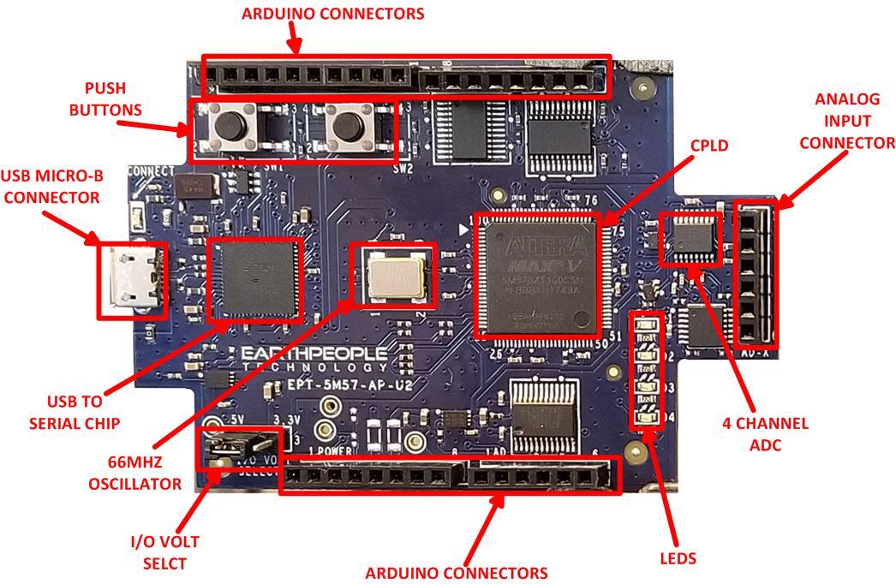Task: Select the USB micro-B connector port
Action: coord(132,280)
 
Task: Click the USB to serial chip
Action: coord(256,277)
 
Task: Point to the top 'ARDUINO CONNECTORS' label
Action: coord(332,14)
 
